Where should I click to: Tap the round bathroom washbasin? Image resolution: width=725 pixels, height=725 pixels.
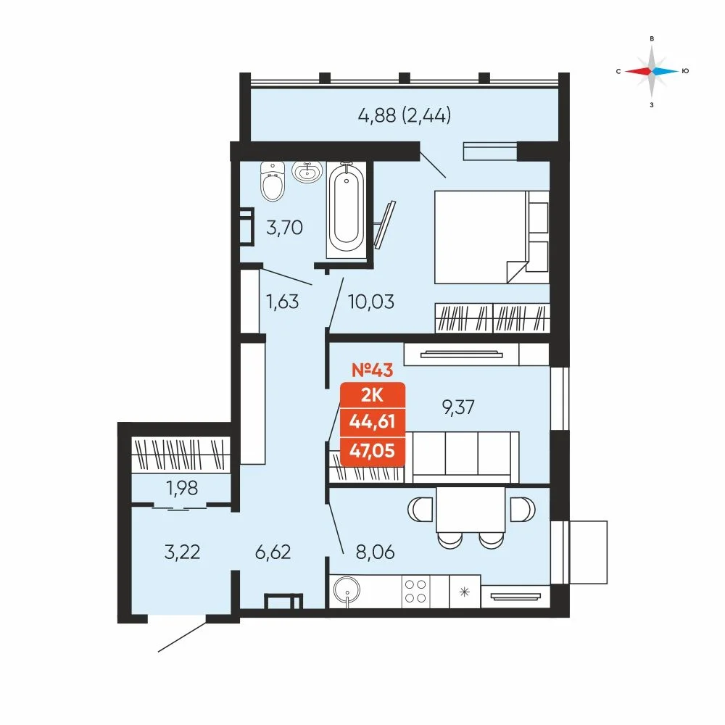click(x=307, y=172)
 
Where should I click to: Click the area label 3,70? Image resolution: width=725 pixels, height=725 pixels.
click(x=284, y=228)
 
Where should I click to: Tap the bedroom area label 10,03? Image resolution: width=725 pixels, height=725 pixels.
click(x=370, y=302)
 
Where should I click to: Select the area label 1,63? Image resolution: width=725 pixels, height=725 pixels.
click(x=282, y=302)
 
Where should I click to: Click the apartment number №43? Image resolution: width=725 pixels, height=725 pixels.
click(x=372, y=370)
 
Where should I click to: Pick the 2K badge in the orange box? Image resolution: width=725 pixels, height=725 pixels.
click(x=372, y=395)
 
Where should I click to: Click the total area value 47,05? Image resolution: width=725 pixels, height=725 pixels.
click(x=372, y=450)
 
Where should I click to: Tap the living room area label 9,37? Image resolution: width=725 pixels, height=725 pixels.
click(x=458, y=407)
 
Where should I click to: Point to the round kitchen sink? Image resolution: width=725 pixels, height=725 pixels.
click(x=347, y=590)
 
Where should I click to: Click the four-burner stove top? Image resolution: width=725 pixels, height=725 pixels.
click(x=415, y=592)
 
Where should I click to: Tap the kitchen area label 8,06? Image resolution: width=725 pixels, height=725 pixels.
click(x=375, y=552)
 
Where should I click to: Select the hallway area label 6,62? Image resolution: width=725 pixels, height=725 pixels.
click(x=273, y=552)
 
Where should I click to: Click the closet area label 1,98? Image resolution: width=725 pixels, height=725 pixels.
click(x=182, y=488)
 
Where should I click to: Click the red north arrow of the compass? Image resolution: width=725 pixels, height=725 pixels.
click(x=638, y=71)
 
